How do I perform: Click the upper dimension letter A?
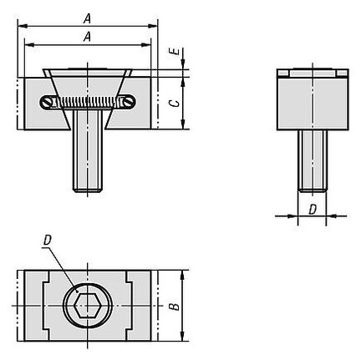(87, 19)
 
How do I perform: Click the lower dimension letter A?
(87, 37)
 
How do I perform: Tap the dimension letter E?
(175, 52)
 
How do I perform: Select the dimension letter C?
(175, 104)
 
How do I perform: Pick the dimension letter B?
(175, 307)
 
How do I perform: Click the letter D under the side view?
(313, 210)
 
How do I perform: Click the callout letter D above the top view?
(48, 240)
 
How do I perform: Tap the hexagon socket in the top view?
(88, 305)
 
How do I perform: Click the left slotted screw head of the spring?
(47, 103)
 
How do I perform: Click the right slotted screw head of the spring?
(129, 103)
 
